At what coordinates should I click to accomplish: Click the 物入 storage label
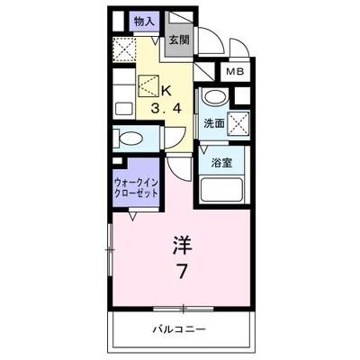pos(142,21)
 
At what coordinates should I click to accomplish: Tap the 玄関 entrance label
pos(179,40)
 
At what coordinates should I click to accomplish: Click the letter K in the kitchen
pos(166,88)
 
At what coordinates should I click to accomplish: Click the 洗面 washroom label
pos(214,122)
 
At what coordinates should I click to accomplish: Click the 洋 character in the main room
pos(183,245)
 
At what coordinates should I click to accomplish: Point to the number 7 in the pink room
pos(183,272)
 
